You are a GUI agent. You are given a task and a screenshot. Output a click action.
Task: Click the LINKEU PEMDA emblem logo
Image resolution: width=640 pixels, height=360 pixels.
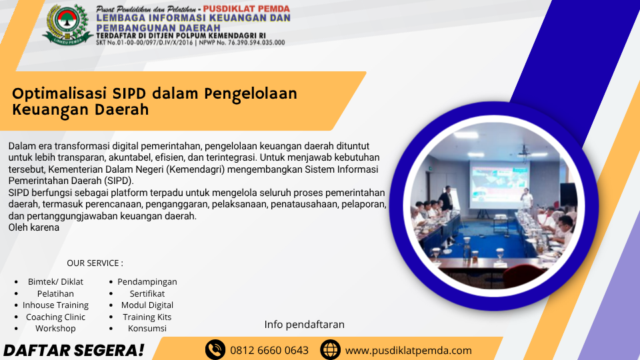(x=68, y=24)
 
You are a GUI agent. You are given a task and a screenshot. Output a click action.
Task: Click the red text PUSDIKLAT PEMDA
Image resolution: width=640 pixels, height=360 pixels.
(x=247, y=9)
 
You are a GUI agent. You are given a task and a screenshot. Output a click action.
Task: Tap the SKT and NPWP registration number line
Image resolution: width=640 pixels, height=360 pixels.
(x=191, y=43)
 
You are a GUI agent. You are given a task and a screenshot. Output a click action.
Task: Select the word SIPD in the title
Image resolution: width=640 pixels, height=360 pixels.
(x=129, y=93)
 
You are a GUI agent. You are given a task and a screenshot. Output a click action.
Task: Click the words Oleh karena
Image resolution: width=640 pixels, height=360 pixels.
(x=34, y=227)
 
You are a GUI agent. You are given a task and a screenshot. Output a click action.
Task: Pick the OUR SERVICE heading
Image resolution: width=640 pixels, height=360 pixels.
(x=95, y=263)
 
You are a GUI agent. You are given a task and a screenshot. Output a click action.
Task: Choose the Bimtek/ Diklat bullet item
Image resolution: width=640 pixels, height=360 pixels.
(x=55, y=281)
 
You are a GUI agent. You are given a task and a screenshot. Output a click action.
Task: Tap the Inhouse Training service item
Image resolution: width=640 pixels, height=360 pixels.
(x=55, y=305)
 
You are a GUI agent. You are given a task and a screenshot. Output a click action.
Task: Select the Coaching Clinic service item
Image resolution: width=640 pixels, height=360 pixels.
(x=55, y=317)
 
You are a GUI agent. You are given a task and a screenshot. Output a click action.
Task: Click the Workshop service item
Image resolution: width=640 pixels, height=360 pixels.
(x=55, y=328)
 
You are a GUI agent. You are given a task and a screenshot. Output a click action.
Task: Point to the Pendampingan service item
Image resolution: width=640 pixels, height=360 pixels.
(x=147, y=281)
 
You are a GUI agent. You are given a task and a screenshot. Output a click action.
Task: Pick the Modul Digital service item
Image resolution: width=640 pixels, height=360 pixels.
(x=147, y=305)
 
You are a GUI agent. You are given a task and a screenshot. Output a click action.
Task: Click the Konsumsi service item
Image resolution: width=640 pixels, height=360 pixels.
(x=147, y=328)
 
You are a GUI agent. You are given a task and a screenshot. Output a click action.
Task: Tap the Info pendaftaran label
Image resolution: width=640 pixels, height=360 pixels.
(x=305, y=325)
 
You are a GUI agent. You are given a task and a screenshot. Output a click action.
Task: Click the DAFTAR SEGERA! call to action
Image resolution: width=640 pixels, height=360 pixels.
(x=73, y=351)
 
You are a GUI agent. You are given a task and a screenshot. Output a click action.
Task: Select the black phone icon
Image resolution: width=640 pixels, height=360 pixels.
(x=215, y=350)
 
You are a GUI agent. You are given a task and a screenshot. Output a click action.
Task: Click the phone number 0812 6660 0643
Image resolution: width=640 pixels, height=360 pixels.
(x=269, y=351)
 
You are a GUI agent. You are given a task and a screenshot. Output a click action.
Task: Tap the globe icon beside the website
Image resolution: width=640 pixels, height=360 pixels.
(x=330, y=350)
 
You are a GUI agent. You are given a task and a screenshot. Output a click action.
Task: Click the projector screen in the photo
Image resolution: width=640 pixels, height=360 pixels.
(x=499, y=185)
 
